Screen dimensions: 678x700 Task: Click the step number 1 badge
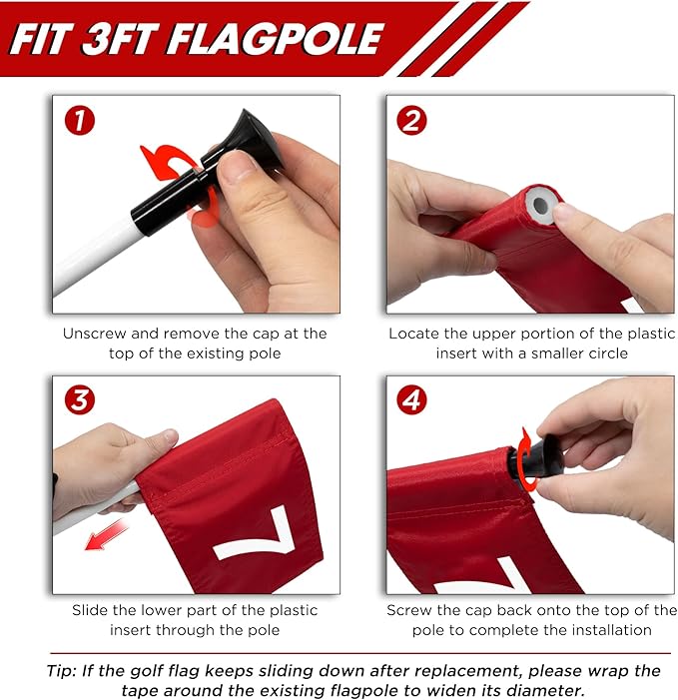pyautogui.click(x=80, y=121)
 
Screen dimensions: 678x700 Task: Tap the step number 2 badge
pyautogui.click(x=411, y=121)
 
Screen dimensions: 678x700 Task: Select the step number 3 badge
pyautogui.click(x=80, y=399)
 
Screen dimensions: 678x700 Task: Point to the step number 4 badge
pyautogui.click(x=411, y=399)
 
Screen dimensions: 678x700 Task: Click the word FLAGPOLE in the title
pyautogui.click(x=276, y=39)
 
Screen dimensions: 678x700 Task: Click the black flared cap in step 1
pyautogui.click(x=254, y=136)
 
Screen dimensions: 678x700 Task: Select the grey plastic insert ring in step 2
pyautogui.click(x=541, y=205)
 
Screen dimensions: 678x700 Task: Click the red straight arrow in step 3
pyautogui.click(x=107, y=535)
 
